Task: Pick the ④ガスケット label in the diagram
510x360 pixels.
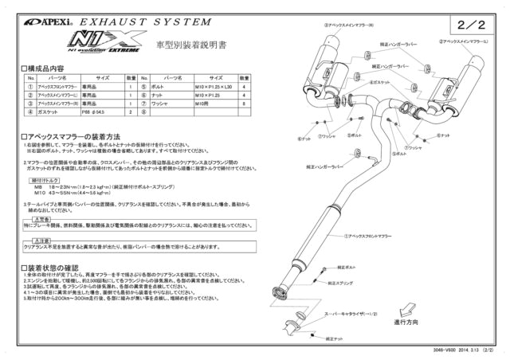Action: [x=358, y=82]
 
